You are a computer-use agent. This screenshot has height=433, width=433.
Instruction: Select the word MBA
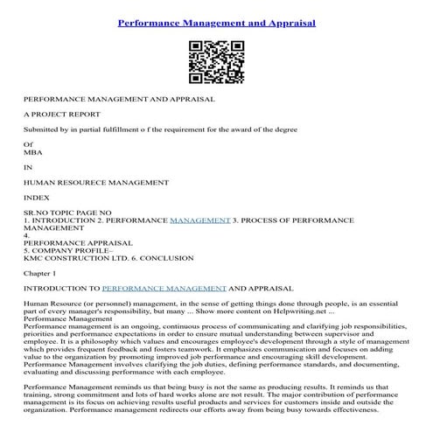(33, 151)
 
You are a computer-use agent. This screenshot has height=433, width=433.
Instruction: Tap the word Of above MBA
(28, 144)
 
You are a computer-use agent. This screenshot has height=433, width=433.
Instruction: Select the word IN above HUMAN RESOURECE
(28, 166)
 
